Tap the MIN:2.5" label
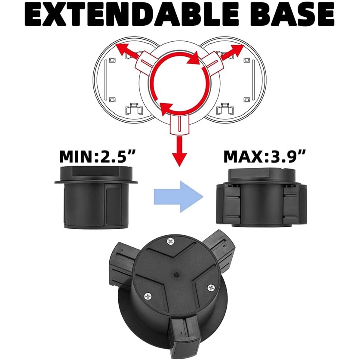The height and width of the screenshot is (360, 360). tap(97, 156)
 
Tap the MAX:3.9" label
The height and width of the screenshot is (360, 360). tap(265, 156)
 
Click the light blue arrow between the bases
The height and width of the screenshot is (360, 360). tap(178, 197)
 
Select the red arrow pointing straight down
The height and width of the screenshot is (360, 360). tap(179, 151)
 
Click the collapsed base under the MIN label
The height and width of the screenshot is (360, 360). tap(96, 197)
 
